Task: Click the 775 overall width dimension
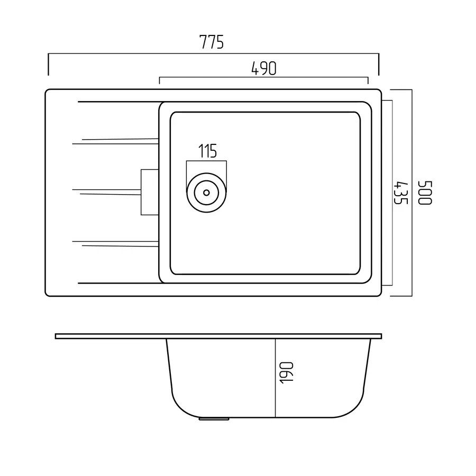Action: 212,42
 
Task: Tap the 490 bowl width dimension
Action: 264,68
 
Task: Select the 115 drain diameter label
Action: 208,151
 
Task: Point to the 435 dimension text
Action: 400,193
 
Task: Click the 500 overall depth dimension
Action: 425,193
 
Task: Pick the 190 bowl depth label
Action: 286,373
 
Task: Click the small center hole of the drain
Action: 206,193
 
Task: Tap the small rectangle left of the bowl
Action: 150,192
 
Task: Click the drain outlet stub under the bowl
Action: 214,419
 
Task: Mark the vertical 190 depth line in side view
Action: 276,378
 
